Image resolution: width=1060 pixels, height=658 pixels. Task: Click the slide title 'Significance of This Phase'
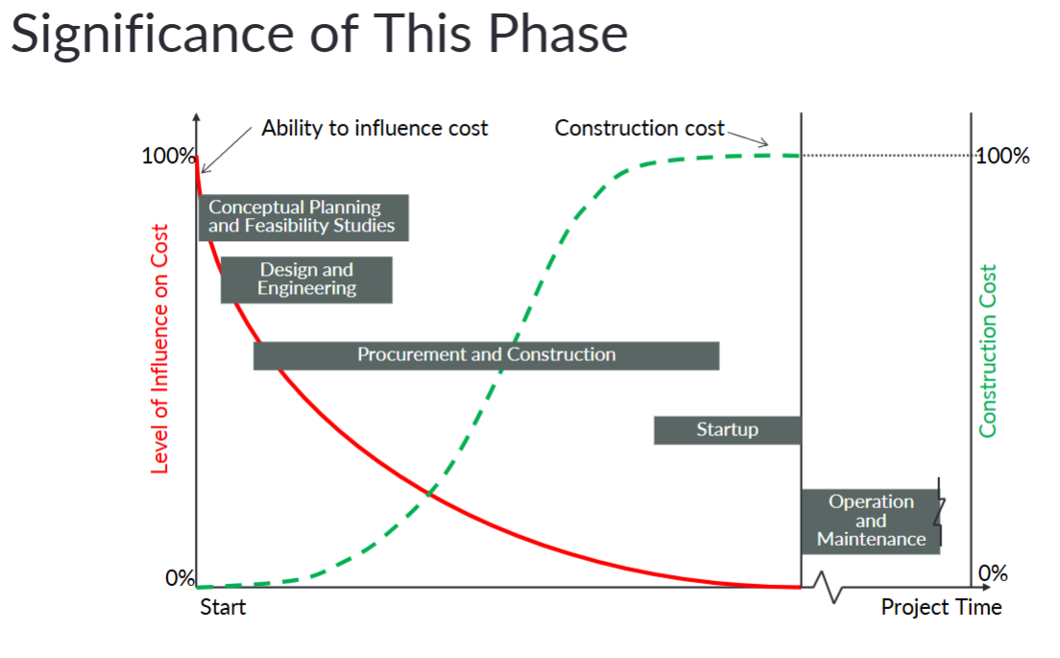320,34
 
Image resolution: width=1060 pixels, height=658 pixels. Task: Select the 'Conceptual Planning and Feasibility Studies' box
302,217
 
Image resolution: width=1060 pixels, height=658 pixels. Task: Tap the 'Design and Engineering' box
306,280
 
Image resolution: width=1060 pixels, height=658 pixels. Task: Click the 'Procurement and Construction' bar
486,355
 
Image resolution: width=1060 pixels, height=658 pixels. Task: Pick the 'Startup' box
727,430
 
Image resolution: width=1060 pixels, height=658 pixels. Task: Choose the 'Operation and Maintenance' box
870,521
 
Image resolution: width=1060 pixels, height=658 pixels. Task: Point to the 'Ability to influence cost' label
374,128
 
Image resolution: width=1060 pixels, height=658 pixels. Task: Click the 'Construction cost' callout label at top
638,128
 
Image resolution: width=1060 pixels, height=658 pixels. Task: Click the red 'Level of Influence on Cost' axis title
160,349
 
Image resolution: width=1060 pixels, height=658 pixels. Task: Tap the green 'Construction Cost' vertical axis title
988,351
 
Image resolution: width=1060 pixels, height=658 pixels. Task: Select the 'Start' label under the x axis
223,607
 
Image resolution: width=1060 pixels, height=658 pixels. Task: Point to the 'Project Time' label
941,607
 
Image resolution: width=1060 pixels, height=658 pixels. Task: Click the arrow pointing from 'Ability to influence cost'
229,149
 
